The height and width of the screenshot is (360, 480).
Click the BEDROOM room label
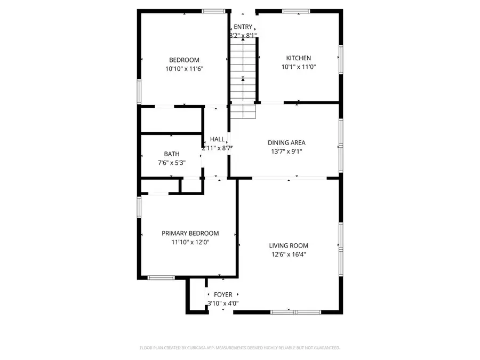pyautogui.click(x=184, y=60)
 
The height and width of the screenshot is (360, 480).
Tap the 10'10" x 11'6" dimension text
pyautogui.click(x=184, y=69)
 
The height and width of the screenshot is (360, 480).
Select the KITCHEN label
pyautogui.click(x=298, y=58)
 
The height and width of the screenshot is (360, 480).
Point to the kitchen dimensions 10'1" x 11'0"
pyautogui.click(x=298, y=67)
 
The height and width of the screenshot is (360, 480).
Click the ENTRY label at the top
pyautogui.click(x=243, y=27)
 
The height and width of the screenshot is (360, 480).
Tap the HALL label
pyautogui.click(x=217, y=139)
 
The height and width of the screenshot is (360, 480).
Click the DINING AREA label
pyautogui.click(x=286, y=142)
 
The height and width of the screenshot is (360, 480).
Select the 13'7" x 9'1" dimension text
pyautogui.click(x=286, y=151)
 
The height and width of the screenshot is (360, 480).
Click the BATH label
pyautogui.click(x=157, y=154)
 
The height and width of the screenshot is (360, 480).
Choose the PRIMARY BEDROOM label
pyautogui.click(x=190, y=233)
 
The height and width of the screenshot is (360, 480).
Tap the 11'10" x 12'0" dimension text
pyautogui.click(x=190, y=242)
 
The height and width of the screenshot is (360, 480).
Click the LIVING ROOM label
pyautogui.click(x=289, y=246)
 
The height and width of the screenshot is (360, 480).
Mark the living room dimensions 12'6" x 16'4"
pyautogui.click(x=289, y=255)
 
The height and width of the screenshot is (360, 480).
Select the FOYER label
pyautogui.click(x=223, y=294)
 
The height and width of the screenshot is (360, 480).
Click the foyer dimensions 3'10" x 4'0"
pyautogui.click(x=223, y=303)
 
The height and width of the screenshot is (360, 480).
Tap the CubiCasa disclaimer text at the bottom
pyautogui.click(x=239, y=348)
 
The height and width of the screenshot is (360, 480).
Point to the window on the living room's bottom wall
pyautogui.click(x=289, y=312)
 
